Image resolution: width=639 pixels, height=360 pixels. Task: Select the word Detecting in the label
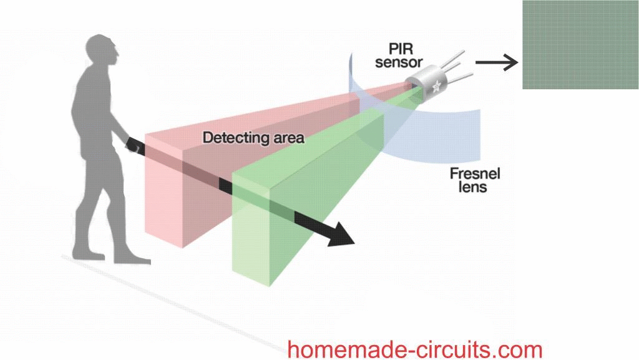[232, 138]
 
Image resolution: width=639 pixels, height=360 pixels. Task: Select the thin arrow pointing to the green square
[496, 62]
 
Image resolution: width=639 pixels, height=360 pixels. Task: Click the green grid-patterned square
[580, 45]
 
